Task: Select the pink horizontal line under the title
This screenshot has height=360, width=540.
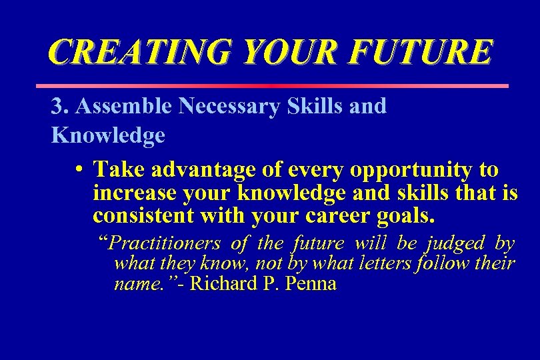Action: click(x=271, y=86)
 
